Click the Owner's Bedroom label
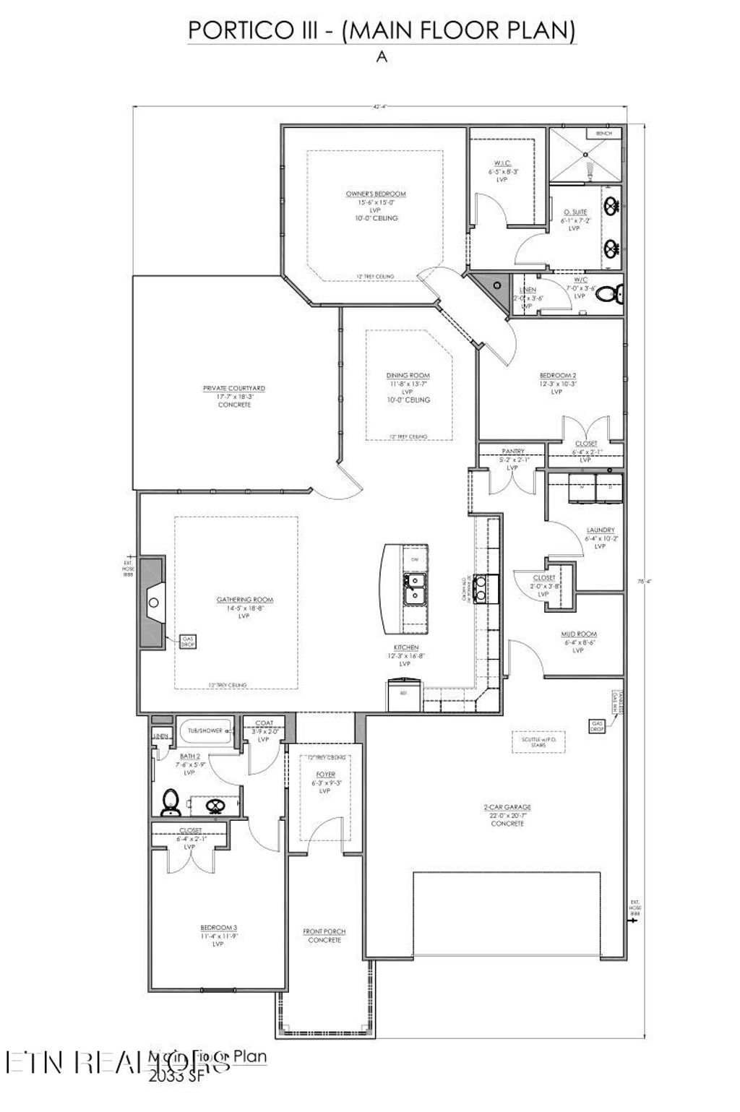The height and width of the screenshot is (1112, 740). tap(375, 194)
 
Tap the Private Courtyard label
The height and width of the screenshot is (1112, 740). tap(233, 389)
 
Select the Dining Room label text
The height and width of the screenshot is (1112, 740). tap(408, 376)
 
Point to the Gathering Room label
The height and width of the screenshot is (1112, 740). tap(245, 600)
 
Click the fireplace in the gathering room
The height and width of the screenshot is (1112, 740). tap(152, 601)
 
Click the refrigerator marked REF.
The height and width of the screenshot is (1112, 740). tap(404, 694)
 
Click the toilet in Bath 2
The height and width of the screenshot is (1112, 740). tap(171, 800)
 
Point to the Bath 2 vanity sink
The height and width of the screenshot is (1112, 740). tap(215, 805)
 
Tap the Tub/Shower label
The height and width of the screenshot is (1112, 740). tap(206, 730)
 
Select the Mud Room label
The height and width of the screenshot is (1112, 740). tap(579, 634)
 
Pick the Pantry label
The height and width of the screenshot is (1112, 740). tap(512, 452)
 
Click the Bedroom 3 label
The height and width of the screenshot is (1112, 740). tap(219, 928)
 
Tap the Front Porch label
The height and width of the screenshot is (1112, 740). tap(324, 932)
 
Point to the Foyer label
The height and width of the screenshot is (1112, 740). tap(324, 774)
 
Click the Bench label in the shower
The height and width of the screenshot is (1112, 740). tap(603, 134)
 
